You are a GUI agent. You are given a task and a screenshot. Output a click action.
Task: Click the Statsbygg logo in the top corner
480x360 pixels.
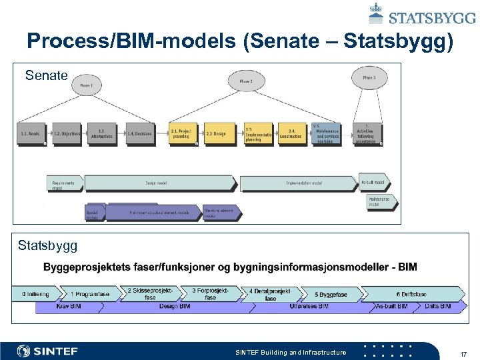422,13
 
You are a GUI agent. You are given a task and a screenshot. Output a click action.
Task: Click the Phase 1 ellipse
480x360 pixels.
86,86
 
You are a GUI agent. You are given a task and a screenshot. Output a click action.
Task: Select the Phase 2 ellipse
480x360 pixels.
245,81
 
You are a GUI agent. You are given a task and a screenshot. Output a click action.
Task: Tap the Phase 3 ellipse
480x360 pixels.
369,77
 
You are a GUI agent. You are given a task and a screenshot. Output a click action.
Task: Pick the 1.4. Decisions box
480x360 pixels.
139,133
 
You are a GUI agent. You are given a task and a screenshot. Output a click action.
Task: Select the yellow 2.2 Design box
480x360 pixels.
216,133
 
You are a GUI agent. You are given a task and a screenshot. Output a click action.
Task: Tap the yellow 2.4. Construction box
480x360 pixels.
292,133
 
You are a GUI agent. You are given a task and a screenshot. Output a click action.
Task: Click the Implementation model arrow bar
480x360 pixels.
304,183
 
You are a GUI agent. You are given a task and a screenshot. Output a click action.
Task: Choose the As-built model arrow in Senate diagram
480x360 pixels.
373,182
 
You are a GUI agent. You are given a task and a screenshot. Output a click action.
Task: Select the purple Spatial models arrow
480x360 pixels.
94,213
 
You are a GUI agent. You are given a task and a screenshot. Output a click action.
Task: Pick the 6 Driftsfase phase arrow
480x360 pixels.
412,294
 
